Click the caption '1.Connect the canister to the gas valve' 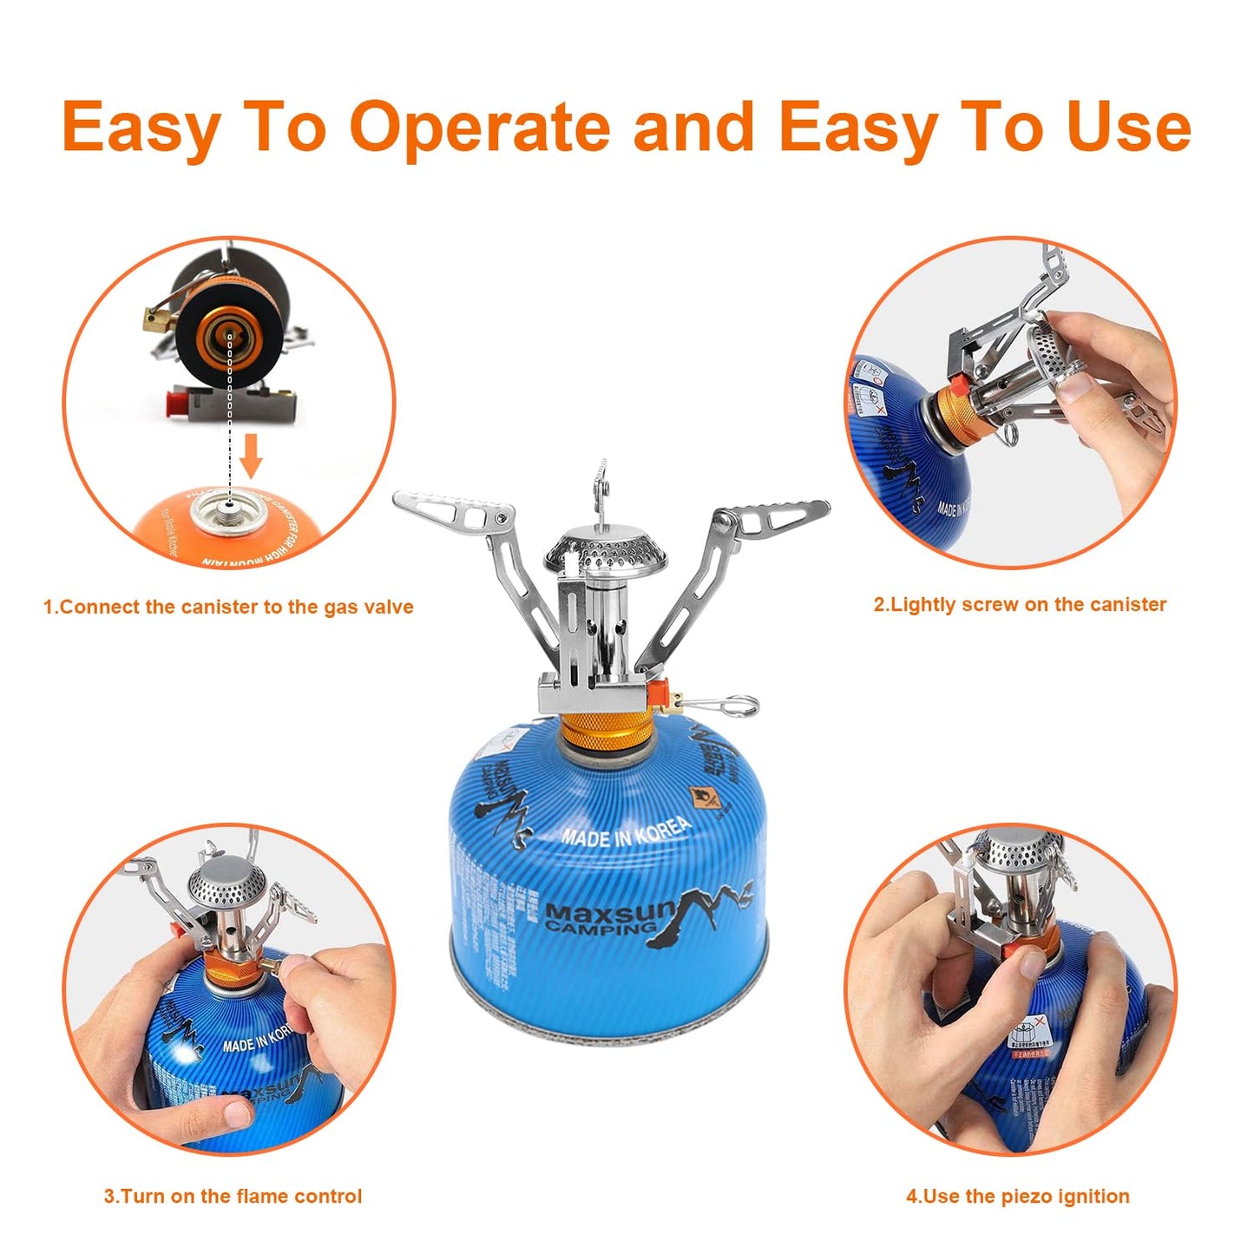(x=228, y=607)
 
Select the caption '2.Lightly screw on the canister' (x=1020, y=604)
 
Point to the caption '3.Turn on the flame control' (x=233, y=1196)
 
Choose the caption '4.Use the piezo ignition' (x=1018, y=1196)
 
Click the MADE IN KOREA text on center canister (x=626, y=831)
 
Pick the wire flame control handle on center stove (x=725, y=705)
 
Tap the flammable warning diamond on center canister (x=701, y=797)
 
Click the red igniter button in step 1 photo (x=178, y=402)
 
